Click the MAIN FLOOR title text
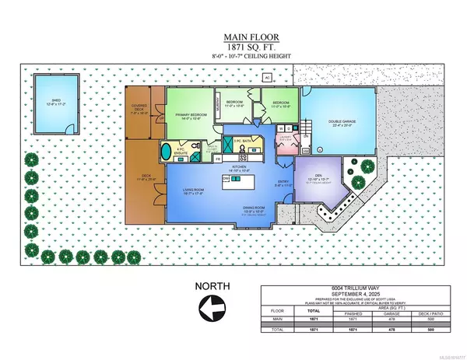click(233, 36)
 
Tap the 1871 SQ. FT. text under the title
click(233, 47)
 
